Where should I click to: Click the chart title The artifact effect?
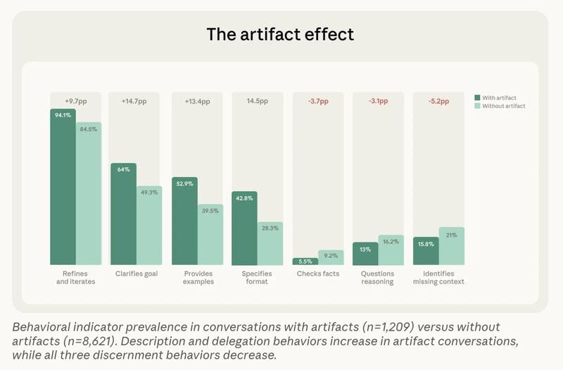click(281, 34)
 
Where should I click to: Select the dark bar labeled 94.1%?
click(63, 187)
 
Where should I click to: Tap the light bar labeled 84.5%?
click(89, 194)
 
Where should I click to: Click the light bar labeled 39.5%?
click(210, 235)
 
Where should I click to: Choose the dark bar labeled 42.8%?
click(244, 228)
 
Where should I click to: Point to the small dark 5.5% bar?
click(305, 261)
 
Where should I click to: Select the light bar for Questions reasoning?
click(391, 250)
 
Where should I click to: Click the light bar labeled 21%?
click(452, 246)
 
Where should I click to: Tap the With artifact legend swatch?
click(476, 97)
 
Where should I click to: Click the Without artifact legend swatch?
click(476, 106)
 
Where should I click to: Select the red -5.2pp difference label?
click(439, 101)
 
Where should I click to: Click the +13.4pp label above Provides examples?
click(197, 101)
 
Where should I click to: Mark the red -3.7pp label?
click(318, 101)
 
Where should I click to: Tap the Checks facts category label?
click(318, 273)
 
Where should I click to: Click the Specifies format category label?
click(258, 278)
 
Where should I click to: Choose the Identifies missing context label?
click(439, 278)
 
